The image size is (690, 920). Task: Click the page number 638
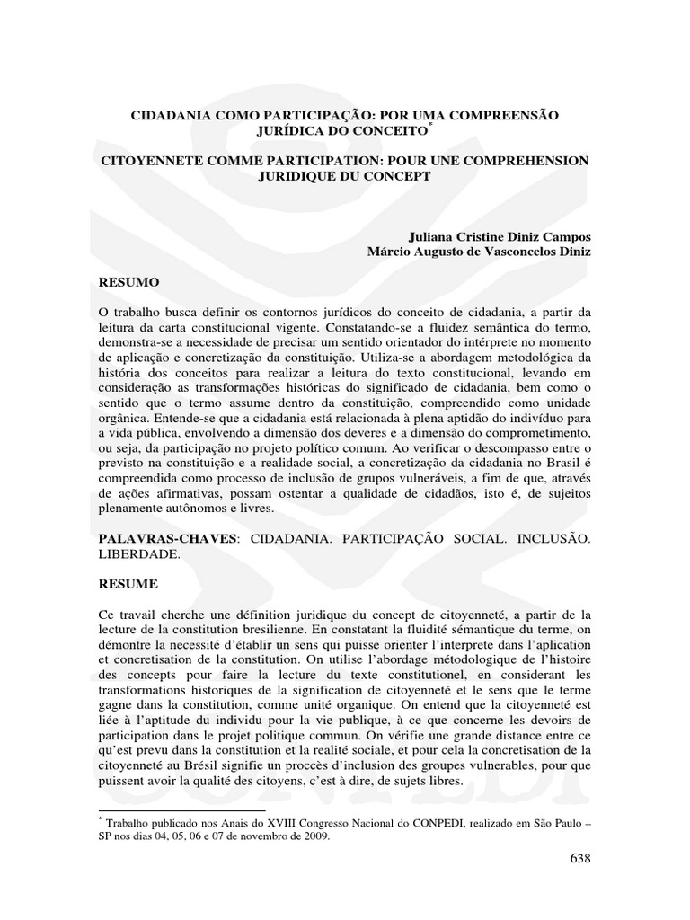(x=580, y=860)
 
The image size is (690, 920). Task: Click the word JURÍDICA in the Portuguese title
(x=290, y=131)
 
